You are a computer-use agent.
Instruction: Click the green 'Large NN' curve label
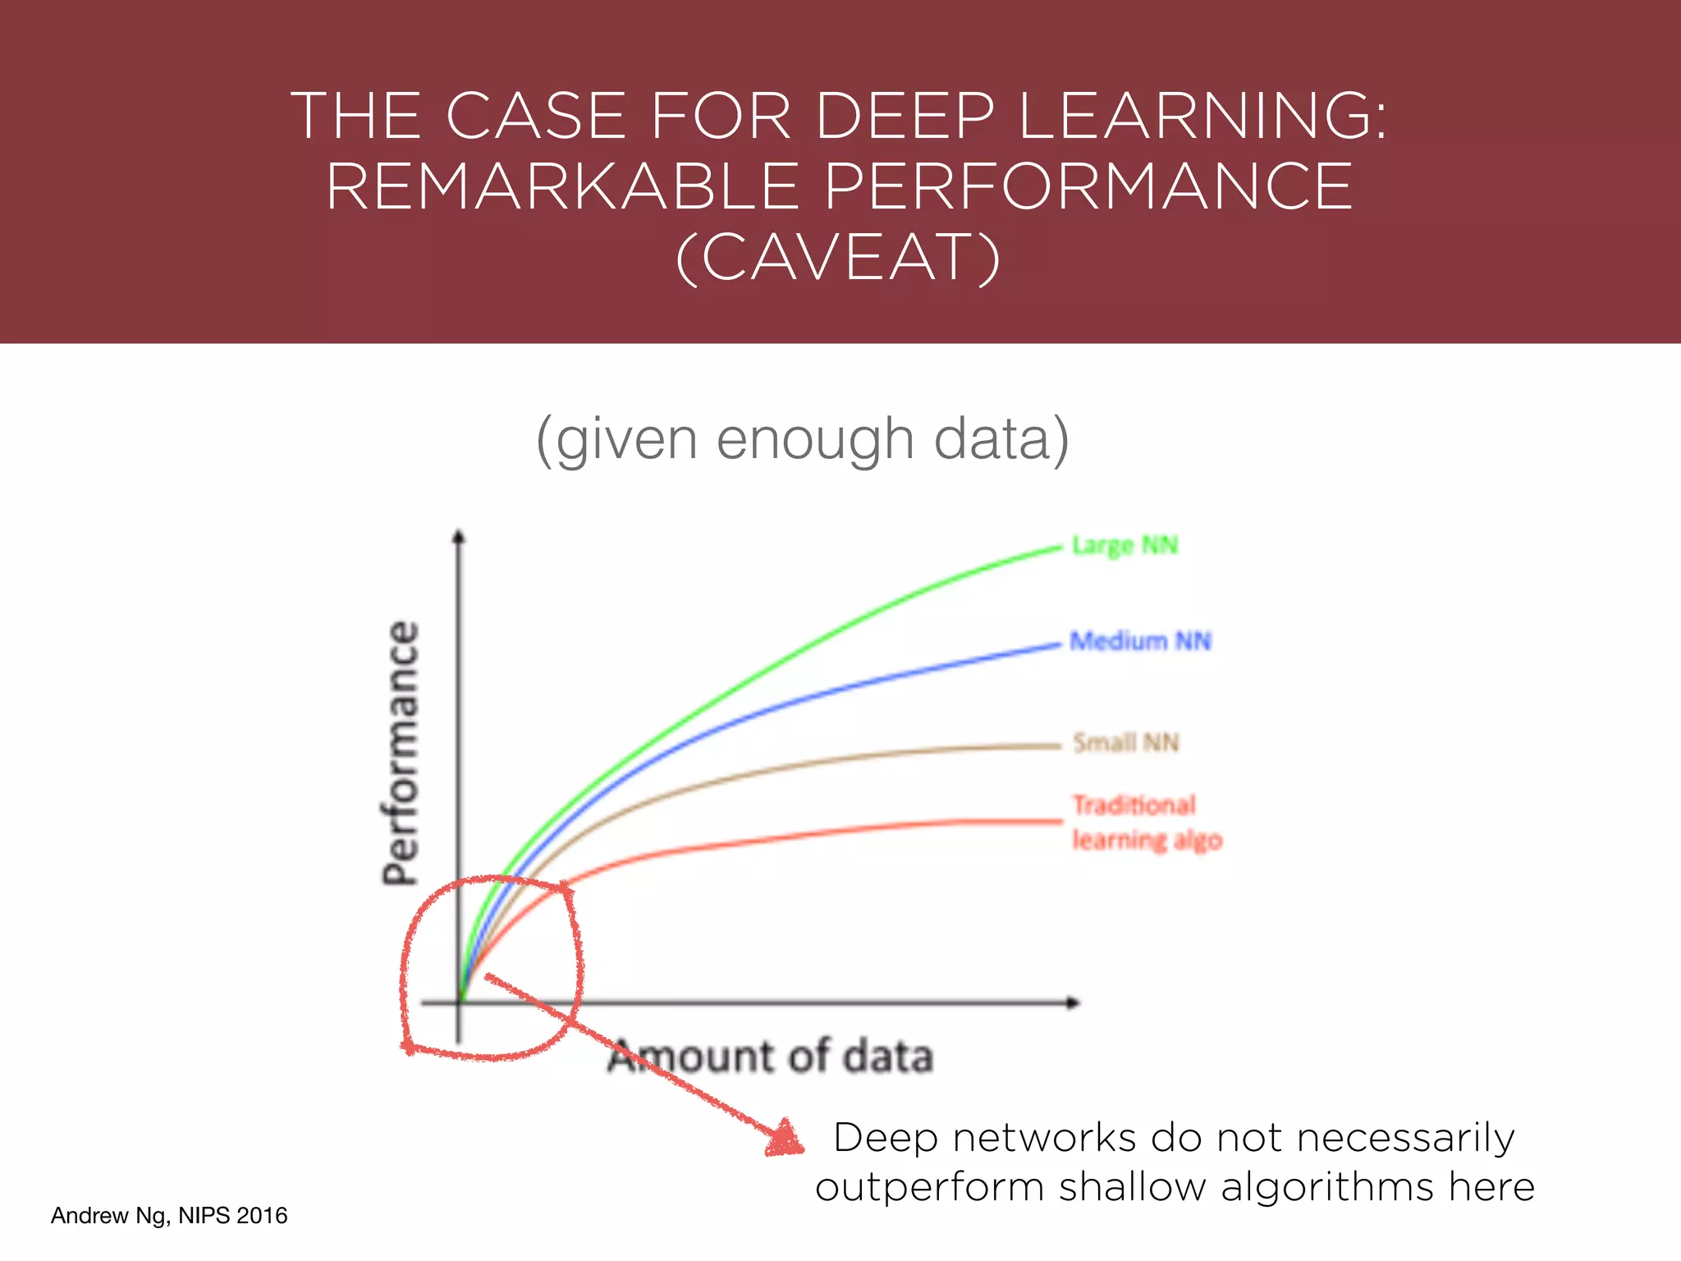click(1124, 546)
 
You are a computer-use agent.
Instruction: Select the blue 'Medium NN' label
click(1141, 641)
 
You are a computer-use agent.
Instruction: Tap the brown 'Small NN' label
click(1126, 743)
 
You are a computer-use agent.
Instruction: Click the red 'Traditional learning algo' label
click(1147, 823)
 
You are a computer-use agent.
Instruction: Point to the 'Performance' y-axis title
click(401, 753)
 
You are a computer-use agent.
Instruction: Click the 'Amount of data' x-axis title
click(770, 1057)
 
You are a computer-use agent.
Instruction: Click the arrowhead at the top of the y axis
click(459, 537)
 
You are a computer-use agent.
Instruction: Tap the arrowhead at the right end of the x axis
click(1073, 1002)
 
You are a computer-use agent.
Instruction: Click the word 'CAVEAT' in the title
click(837, 258)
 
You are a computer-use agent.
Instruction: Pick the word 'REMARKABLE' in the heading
click(563, 187)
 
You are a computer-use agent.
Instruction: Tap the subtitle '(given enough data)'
click(802, 440)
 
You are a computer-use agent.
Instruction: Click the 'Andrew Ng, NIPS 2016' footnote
click(169, 1216)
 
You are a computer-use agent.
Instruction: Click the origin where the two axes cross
click(459, 1002)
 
